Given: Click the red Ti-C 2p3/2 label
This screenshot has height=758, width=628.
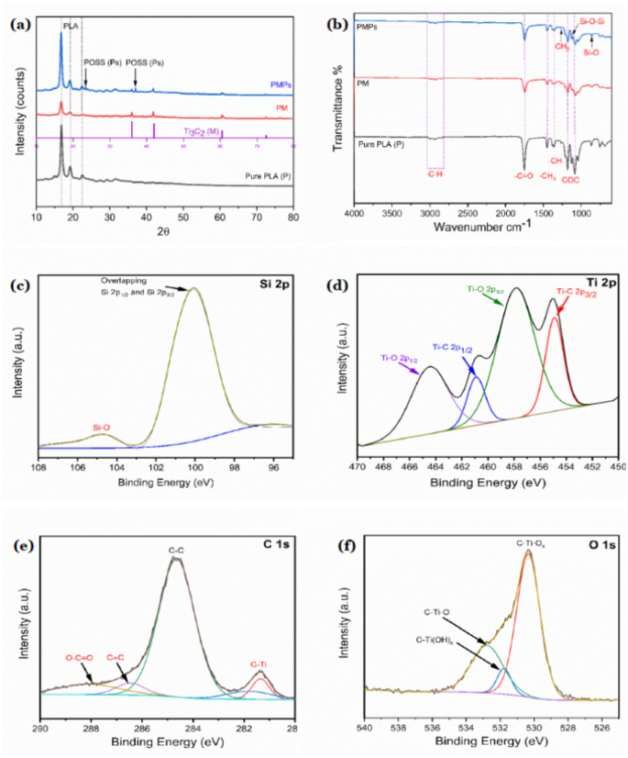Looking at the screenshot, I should [x=576, y=293].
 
